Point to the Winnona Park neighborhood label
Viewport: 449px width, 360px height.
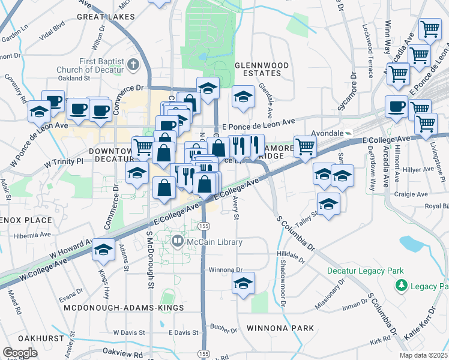280,328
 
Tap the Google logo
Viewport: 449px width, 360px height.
20,353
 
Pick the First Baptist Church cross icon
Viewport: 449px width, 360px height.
132,62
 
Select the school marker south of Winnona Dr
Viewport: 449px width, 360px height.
243,284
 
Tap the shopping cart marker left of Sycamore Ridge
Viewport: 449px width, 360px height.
306,145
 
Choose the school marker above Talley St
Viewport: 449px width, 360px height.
328,204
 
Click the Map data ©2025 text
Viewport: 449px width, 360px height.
423,355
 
